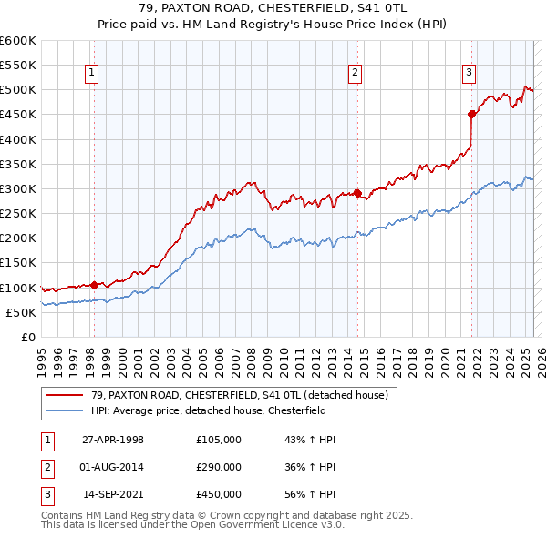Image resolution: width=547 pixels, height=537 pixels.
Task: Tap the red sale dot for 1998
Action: [x=95, y=284]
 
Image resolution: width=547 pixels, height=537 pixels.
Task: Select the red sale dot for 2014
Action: [x=357, y=193]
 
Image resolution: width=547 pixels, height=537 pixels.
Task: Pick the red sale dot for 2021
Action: [x=471, y=114]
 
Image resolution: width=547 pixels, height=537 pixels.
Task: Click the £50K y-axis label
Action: [x=22, y=312]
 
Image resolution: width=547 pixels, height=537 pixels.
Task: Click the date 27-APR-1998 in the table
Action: [x=113, y=440]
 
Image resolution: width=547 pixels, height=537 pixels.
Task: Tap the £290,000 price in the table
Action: [x=219, y=466]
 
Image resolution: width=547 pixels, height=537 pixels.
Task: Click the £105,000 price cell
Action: [x=219, y=440]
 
